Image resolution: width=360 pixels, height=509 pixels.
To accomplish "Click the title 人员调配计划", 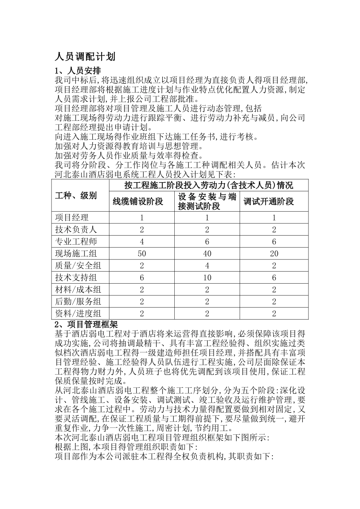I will coord(85,57).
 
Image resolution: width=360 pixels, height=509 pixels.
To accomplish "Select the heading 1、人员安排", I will coord(78,71).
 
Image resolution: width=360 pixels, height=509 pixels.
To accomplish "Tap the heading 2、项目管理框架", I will coord(86,324).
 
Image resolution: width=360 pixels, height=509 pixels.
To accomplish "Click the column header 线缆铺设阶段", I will coord(138,201).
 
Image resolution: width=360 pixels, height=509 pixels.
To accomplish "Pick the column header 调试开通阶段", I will coord(269,201).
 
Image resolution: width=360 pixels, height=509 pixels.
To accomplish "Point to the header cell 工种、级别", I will coord(76,195).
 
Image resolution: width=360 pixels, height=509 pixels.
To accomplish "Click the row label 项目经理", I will coord(72,217).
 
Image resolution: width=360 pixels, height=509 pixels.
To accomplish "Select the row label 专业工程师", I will coord(76,242).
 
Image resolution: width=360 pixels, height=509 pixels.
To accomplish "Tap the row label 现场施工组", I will coord(76,254).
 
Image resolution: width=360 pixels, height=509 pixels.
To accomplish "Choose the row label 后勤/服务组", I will coord(78,302).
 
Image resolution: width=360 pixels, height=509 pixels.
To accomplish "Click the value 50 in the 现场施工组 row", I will coord(142,254).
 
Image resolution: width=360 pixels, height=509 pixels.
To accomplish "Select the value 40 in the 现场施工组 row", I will coord(207,254).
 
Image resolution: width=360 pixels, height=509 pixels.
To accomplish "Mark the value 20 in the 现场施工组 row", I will coord(274,254).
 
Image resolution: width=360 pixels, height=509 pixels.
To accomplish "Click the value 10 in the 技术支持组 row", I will coord(207,278).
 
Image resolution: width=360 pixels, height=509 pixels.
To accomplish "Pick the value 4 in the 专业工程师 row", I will coord(142,242).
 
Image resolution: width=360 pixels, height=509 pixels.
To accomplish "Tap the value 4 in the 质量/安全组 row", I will coord(207,266).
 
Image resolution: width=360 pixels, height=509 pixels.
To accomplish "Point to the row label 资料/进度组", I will coord(78,314).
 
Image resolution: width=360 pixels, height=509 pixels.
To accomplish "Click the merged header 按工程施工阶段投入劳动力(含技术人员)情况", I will coord(209,186).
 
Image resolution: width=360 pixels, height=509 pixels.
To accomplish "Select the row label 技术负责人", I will coord(76,230).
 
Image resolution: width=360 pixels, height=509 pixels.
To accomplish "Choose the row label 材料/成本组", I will coord(78,290).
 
